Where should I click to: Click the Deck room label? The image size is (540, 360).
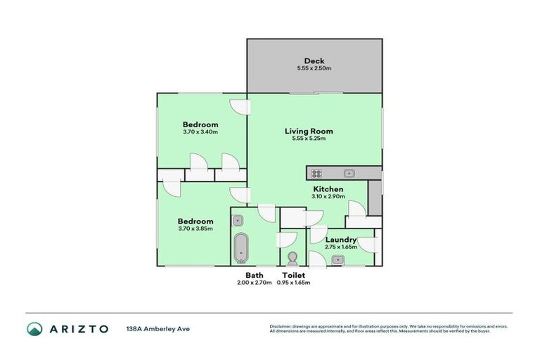click(x=314, y=60)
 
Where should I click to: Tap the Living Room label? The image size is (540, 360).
click(x=309, y=131)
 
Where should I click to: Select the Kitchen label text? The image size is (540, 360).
click(x=328, y=189)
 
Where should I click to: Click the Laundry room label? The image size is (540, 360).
click(x=341, y=240)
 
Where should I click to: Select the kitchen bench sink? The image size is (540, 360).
click(x=348, y=173)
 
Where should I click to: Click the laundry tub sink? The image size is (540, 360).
click(x=337, y=260)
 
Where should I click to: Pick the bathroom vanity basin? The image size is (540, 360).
click(x=238, y=219)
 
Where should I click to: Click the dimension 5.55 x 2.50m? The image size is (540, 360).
click(x=314, y=69)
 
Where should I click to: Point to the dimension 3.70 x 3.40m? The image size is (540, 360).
click(x=200, y=132)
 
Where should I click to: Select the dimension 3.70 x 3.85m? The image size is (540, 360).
click(x=195, y=229)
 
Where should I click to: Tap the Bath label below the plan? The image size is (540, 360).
click(x=254, y=275)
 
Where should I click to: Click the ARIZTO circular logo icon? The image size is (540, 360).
click(x=34, y=328)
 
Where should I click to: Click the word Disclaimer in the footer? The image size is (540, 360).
click(x=282, y=326)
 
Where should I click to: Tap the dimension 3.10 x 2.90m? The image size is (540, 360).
click(x=328, y=197)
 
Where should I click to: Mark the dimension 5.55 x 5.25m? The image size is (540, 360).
click(x=309, y=139)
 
